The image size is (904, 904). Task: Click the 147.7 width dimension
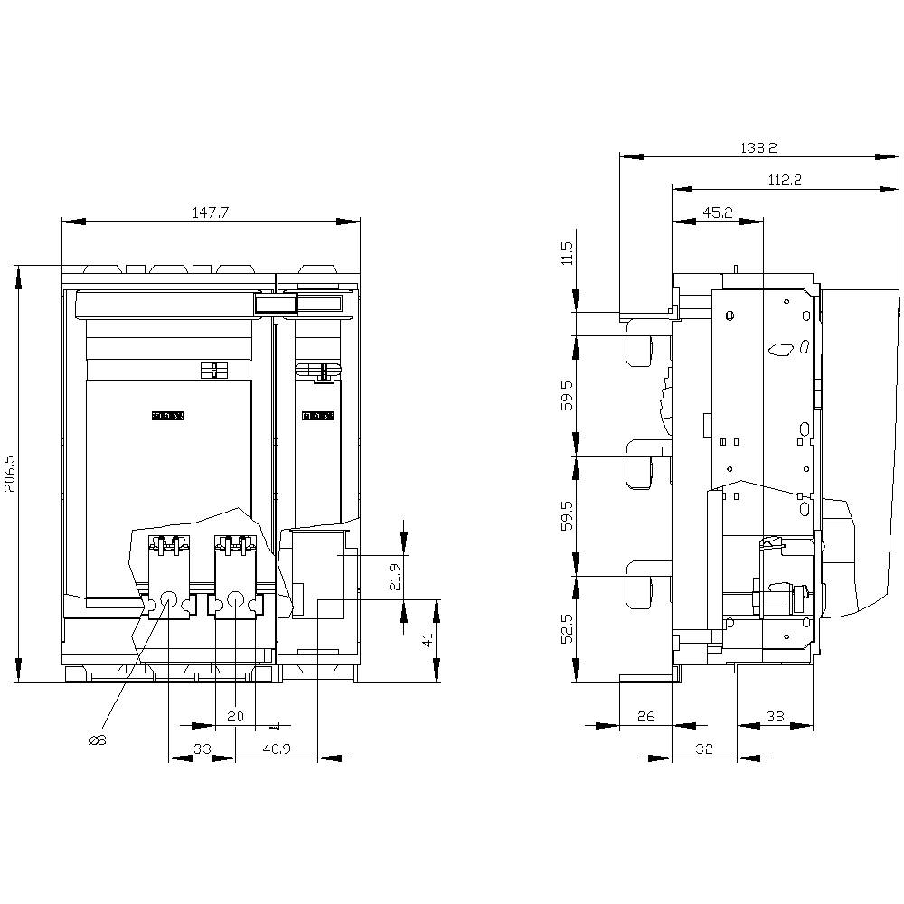210,212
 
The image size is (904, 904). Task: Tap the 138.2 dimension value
759,147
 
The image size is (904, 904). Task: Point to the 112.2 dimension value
785,180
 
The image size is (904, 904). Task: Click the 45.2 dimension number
717,212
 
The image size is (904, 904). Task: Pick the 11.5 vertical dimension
567,252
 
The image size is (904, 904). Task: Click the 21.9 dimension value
394,577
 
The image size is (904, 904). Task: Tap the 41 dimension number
428,640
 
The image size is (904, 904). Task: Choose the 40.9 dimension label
276,749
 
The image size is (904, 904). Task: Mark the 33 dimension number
202,749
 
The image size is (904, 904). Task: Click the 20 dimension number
235,716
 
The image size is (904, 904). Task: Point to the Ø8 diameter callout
98,740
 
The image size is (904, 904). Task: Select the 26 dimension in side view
645,716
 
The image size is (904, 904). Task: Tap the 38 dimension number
775,716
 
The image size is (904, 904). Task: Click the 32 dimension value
704,749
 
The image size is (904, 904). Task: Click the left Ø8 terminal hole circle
169,598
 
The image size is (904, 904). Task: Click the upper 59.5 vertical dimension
567,396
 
